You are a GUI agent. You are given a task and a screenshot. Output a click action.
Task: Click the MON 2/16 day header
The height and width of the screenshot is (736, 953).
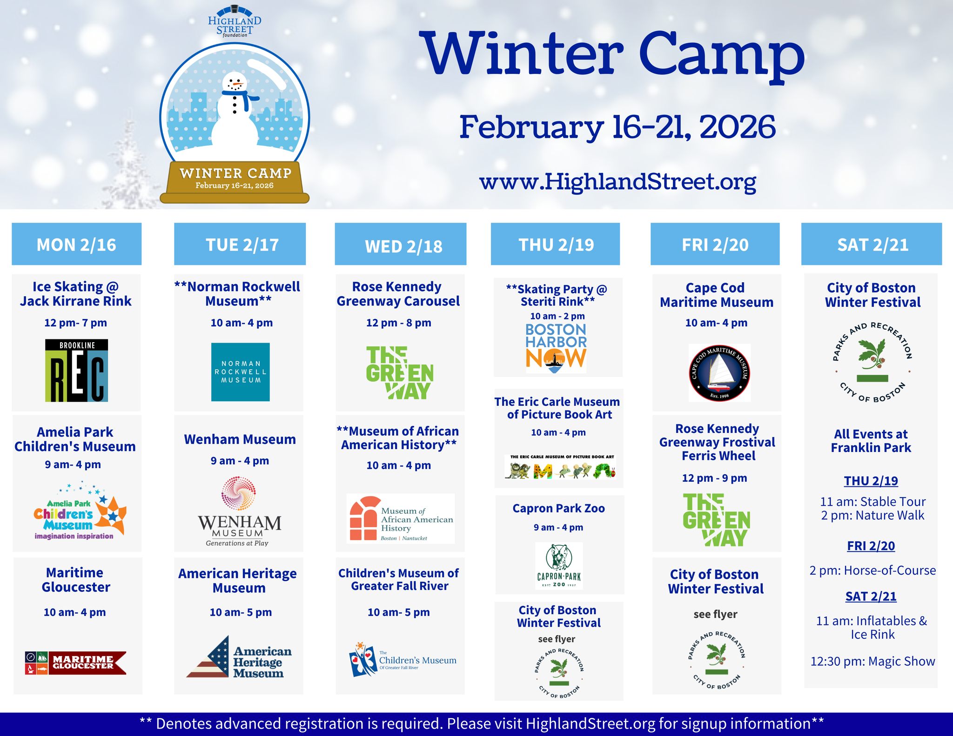pyautogui.click(x=76, y=244)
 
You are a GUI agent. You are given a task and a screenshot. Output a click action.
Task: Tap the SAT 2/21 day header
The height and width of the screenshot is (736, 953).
pyautogui.click(x=871, y=244)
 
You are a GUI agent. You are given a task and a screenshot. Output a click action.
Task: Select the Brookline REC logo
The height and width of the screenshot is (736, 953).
pyautogui.click(x=76, y=371)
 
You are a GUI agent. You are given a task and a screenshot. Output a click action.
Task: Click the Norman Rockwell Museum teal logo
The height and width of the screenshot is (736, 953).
pyautogui.click(x=240, y=372)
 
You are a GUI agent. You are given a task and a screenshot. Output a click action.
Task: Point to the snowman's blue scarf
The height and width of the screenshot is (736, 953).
pyautogui.click(x=240, y=95)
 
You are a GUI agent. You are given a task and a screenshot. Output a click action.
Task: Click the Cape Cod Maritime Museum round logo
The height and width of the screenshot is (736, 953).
pyautogui.click(x=719, y=372)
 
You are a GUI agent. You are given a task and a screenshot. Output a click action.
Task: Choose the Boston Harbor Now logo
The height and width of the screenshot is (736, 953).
pyautogui.click(x=556, y=348)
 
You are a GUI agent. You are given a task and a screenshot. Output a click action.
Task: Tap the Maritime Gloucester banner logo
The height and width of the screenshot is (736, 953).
pyautogui.click(x=75, y=663)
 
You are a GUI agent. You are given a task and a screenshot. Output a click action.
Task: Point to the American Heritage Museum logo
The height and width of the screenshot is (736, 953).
pyautogui.click(x=239, y=657)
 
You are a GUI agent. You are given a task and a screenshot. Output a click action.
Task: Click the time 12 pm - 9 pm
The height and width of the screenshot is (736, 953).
pyautogui.click(x=715, y=478)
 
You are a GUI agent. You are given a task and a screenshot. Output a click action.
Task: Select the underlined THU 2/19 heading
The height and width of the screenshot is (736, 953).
pyautogui.click(x=871, y=481)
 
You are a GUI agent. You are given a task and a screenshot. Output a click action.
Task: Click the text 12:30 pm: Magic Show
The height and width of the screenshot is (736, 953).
pyautogui.click(x=872, y=661)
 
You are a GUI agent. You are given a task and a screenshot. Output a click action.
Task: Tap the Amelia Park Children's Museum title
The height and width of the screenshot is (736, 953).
pyautogui.click(x=75, y=439)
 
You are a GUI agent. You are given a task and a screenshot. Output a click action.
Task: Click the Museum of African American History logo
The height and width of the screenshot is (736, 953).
pyautogui.click(x=401, y=518)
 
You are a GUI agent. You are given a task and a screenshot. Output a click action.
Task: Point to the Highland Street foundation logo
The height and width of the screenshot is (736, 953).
pyautogui.click(x=235, y=21)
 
